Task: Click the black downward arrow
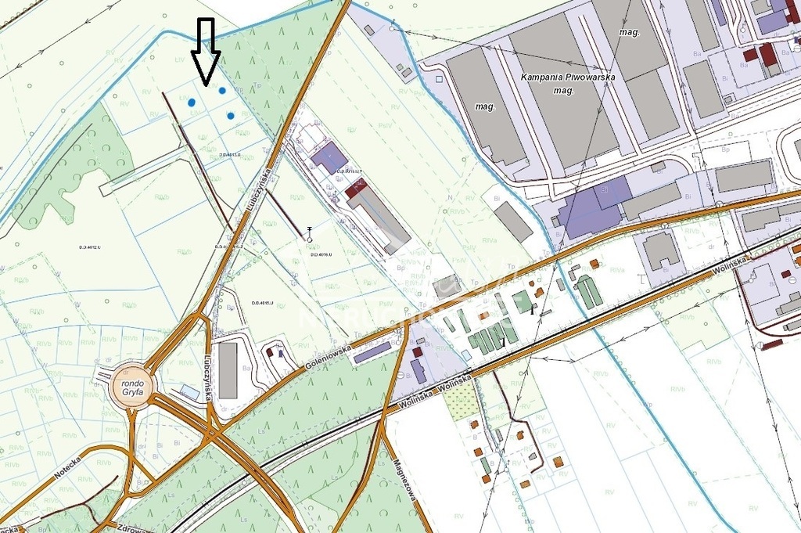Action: point(207,52)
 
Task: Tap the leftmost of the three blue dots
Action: point(192,102)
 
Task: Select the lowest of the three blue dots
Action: point(231,116)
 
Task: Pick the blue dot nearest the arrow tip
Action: point(222,91)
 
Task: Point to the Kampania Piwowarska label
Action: point(568,77)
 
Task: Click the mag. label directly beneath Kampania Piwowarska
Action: point(564,91)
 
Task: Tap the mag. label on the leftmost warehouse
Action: point(486,106)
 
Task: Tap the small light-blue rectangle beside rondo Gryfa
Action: point(189,390)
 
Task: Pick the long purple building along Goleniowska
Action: point(372,352)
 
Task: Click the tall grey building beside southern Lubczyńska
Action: point(228,369)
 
